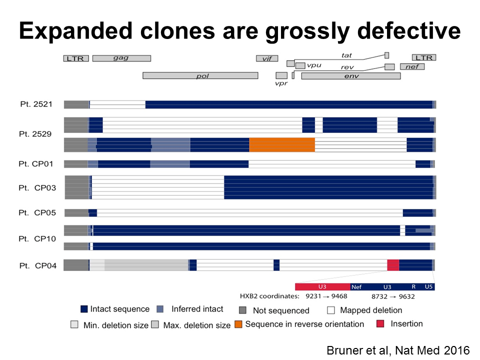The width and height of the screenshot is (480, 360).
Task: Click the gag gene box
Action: point(121,58)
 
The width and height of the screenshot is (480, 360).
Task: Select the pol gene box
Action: point(200,75)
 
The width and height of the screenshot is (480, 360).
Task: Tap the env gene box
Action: point(351,75)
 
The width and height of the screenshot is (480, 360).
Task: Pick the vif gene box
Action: point(267,58)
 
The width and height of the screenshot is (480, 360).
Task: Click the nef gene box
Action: point(412,66)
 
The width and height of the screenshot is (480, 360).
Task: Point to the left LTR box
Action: point(76,58)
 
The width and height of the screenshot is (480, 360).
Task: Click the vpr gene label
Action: point(281,83)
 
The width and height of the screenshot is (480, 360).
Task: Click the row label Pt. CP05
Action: point(39,213)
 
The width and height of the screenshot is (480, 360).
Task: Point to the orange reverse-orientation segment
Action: point(282,144)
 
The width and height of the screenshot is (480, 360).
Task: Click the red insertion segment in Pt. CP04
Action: point(393,265)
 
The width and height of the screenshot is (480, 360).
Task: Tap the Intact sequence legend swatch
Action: point(84,309)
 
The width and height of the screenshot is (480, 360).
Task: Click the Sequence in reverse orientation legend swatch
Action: point(238,324)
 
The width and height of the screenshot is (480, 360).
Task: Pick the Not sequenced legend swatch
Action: point(243,309)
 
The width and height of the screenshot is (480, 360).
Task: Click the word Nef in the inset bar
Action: point(356,287)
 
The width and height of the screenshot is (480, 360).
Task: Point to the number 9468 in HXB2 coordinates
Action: point(337,296)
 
